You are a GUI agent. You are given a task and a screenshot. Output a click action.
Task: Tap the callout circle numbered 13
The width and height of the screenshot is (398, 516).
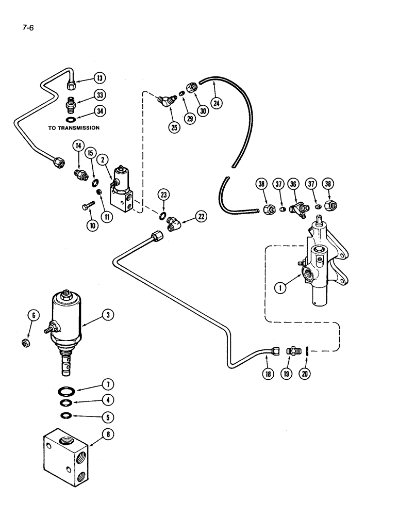[100, 78]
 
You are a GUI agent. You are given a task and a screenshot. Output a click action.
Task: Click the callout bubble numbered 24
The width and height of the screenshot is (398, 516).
[217, 103]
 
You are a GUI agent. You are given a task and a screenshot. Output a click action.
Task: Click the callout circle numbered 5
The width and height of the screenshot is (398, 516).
[107, 416]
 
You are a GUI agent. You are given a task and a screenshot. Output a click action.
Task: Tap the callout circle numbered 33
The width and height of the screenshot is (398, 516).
[100, 95]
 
